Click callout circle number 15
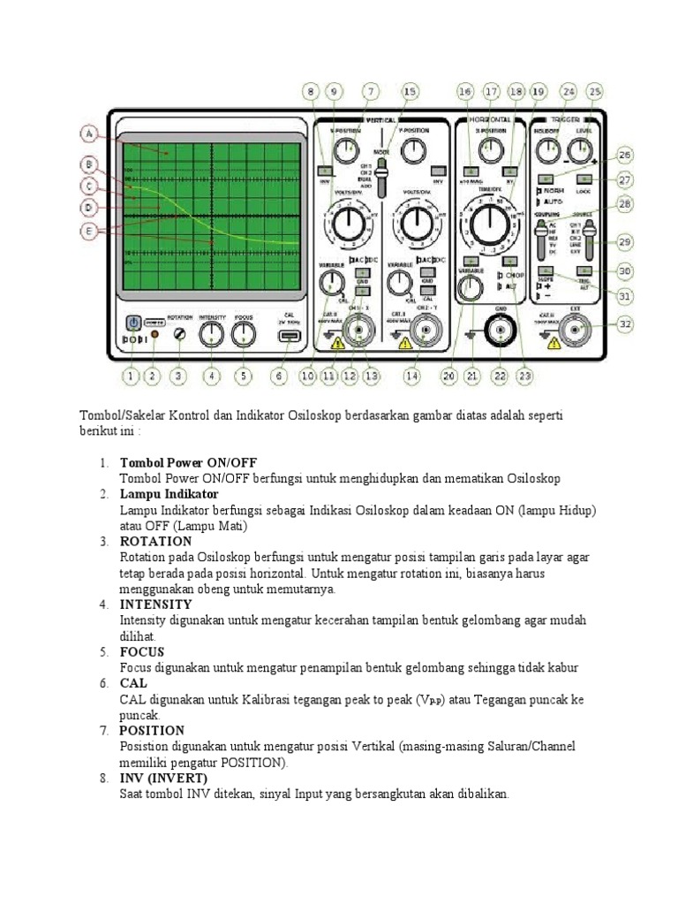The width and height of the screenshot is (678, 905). (x=409, y=91)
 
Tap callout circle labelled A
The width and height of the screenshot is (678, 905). (x=87, y=134)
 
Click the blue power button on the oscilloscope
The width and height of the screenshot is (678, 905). (x=132, y=323)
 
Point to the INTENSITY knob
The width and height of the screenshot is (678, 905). (x=211, y=333)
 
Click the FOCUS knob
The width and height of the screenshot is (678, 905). (x=244, y=333)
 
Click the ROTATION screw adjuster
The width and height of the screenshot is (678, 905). (x=179, y=335)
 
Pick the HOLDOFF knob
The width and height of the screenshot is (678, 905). (x=544, y=150)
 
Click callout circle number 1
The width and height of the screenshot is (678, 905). (x=131, y=376)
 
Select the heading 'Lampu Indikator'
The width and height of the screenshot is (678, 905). (x=169, y=494)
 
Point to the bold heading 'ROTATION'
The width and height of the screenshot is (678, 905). (x=155, y=541)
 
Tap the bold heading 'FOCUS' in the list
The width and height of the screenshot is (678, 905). (x=143, y=651)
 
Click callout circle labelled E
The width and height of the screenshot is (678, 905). (x=87, y=231)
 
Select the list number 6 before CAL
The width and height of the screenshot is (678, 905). (x=103, y=683)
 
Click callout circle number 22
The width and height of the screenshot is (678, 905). (x=500, y=376)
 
